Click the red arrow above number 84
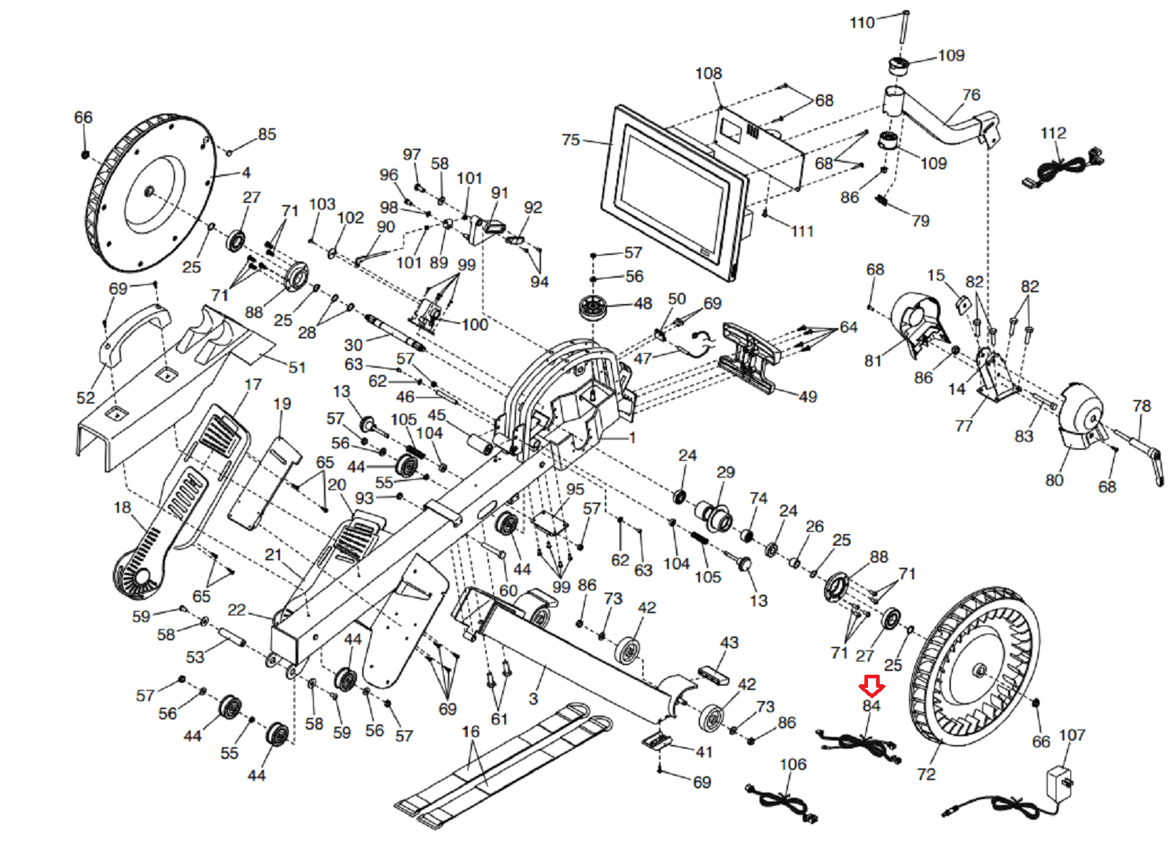click(x=872, y=686)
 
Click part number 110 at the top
click(x=862, y=23)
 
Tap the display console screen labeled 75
click(x=673, y=189)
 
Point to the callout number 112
click(x=1053, y=133)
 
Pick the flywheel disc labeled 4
click(x=150, y=192)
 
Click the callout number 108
click(x=708, y=74)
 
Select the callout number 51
click(x=297, y=368)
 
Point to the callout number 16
click(x=471, y=731)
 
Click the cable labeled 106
click(x=782, y=803)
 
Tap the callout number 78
click(x=1141, y=406)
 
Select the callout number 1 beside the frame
click(x=632, y=437)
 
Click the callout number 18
click(x=122, y=507)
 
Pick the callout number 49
click(x=807, y=396)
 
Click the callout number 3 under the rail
click(x=533, y=698)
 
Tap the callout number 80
click(x=1054, y=480)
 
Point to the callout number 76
click(x=971, y=95)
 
